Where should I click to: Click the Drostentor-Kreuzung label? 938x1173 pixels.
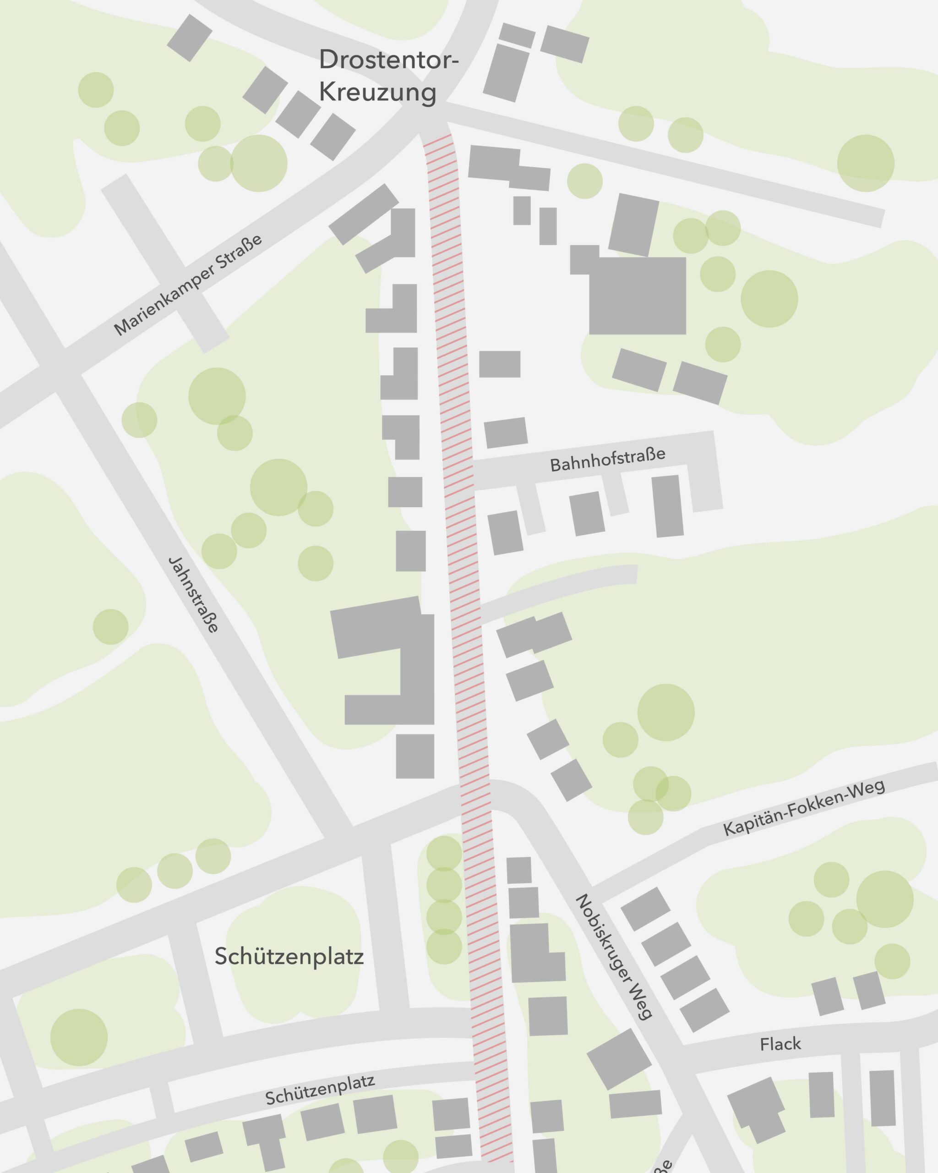(x=388, y=76)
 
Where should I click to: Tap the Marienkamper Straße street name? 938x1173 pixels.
(x=188, y=285)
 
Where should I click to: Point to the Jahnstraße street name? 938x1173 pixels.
(x=194, y=595)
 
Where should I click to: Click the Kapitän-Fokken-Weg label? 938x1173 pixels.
(x=804, y=807)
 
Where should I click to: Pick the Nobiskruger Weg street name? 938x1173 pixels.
(x=613, y=956)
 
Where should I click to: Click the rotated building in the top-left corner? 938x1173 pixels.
(x=189, y=38)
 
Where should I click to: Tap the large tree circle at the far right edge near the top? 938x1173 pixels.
(x=865, y=163)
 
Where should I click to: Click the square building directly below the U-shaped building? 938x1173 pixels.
(x=415, y=756)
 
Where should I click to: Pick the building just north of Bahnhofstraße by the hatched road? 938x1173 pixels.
(x=506, y=433)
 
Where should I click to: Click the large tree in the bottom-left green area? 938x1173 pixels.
(x=79, y=1037)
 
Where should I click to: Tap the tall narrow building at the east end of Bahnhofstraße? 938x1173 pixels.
(x=667, y=506)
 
